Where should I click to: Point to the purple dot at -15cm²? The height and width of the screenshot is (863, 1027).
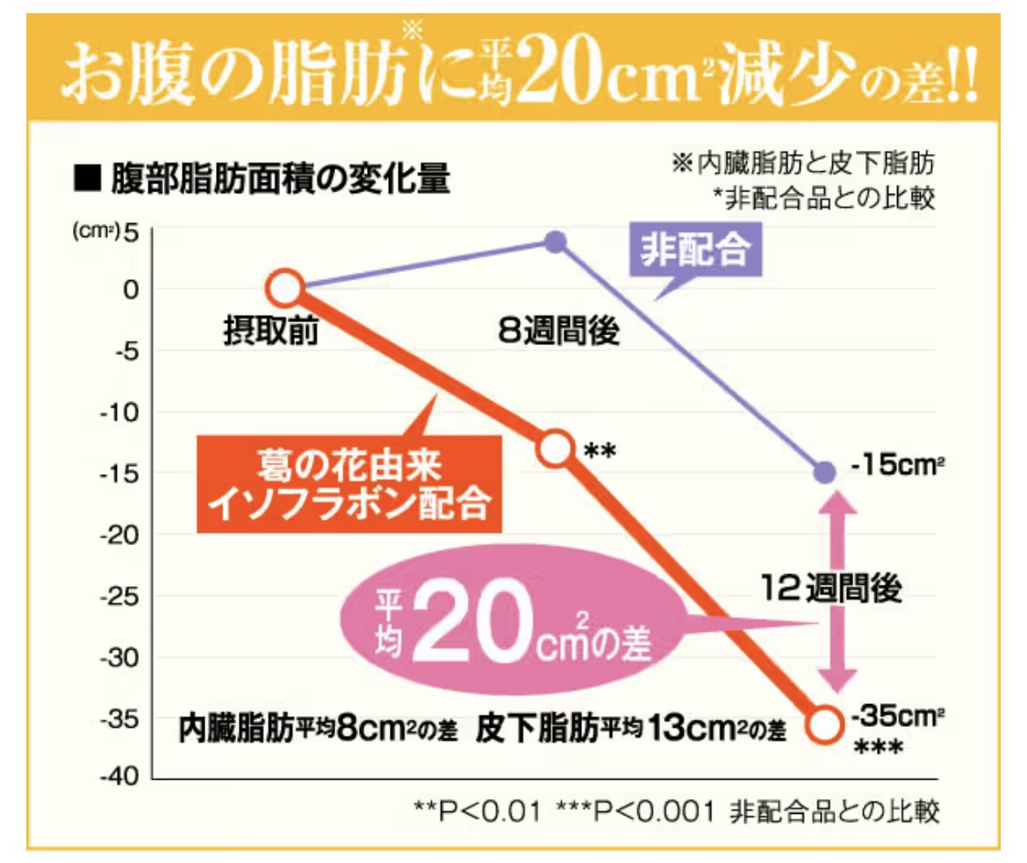pyautogui.click(x=824, y=472)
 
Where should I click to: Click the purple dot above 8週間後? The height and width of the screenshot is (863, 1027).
pyautogui.click(x=555, y=241)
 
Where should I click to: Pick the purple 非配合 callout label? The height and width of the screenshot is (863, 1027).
pyautogui.click(x=695, y=251)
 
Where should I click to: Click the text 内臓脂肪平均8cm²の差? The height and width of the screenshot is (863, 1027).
pyautogui.click(x=318, y=728)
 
